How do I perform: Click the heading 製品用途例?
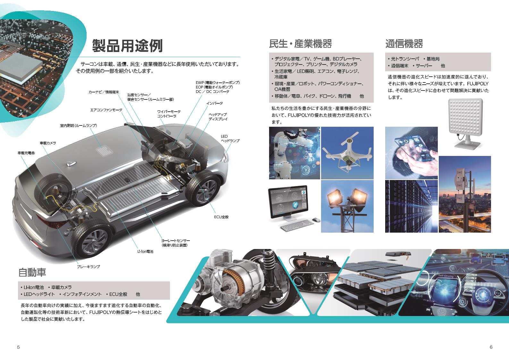pyautogui.click(x=127, y=46)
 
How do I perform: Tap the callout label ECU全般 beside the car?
pyautogui.click(x=221, y=217)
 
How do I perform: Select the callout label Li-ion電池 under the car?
pyautogui.click(x=145, y=252)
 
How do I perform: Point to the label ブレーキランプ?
pyautogui.click(x=89, y=267)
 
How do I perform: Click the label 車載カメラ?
pyautogui.click(x=48, y=143)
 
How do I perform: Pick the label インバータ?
pyautogui.click(x=215, y=103)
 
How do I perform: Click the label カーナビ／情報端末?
pyautogui.click(x=104, y=92)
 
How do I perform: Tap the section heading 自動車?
pyautogui.click(x=32, y=272)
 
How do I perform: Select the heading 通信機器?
pyautogui.click(x=404, y=44)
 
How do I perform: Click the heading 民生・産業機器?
pyautogui.click(x=301, y=44)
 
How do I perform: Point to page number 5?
pyautogui.click(x=18, y=347)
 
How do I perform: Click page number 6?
pyautogui.click(x=491, y=347)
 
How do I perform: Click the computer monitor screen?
pyautogui.click(x=288, y=201)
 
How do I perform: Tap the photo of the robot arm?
pyautogui.click(x=294, y=153)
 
